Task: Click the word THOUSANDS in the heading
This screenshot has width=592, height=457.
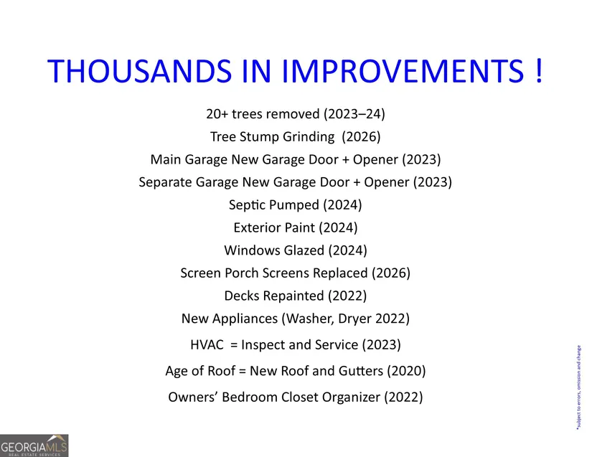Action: click(x=139, y=70)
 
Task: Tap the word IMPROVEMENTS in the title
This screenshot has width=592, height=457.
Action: click(x=403, y=70)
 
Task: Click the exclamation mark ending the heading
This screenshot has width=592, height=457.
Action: click(x=539, y=70)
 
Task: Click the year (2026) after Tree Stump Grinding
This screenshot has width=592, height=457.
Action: click(x=362, y=136)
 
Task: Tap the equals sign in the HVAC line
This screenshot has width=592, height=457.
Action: click(x=234, y=345)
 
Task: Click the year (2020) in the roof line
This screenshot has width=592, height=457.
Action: click(x=406, y=371)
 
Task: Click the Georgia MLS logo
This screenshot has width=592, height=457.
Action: click(x=34, y=446)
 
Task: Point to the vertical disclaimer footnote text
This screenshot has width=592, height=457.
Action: click(x=579, y=387)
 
